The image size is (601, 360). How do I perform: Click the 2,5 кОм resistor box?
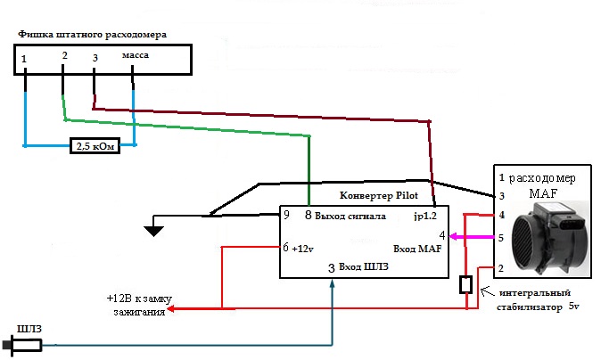point(95,146)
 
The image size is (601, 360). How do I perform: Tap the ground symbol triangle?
point(153,231)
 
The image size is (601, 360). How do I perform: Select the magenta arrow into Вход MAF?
point(471,237)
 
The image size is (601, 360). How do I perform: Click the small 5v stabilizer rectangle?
point(465,284)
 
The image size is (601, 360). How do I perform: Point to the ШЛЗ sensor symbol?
point(23,345)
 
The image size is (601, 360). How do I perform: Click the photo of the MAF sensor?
point(550,238)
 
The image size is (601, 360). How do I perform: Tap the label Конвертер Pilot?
point(379,195)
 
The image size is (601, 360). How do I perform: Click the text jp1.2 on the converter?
point(425,216)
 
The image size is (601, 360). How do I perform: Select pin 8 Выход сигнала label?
point(345,216)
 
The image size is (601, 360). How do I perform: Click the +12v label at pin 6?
point(302,249)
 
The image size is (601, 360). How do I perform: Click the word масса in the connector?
point(136,55)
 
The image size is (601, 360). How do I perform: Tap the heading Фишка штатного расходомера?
point(93,35)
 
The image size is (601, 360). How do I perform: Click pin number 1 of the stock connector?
point(24,59)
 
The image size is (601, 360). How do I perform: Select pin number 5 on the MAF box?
point(500,238)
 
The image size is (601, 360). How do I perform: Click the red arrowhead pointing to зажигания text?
point(171,308)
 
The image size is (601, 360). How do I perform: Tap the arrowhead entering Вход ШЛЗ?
point(332,283)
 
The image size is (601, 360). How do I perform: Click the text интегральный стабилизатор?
point(533,300)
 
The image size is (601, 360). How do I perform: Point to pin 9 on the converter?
point(286,215)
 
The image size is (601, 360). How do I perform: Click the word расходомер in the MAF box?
point(542,178)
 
